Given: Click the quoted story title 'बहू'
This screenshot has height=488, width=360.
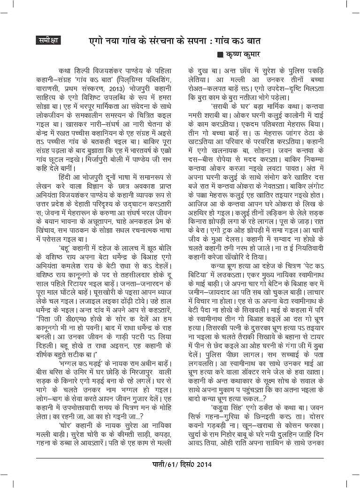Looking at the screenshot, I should pos(67,246).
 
